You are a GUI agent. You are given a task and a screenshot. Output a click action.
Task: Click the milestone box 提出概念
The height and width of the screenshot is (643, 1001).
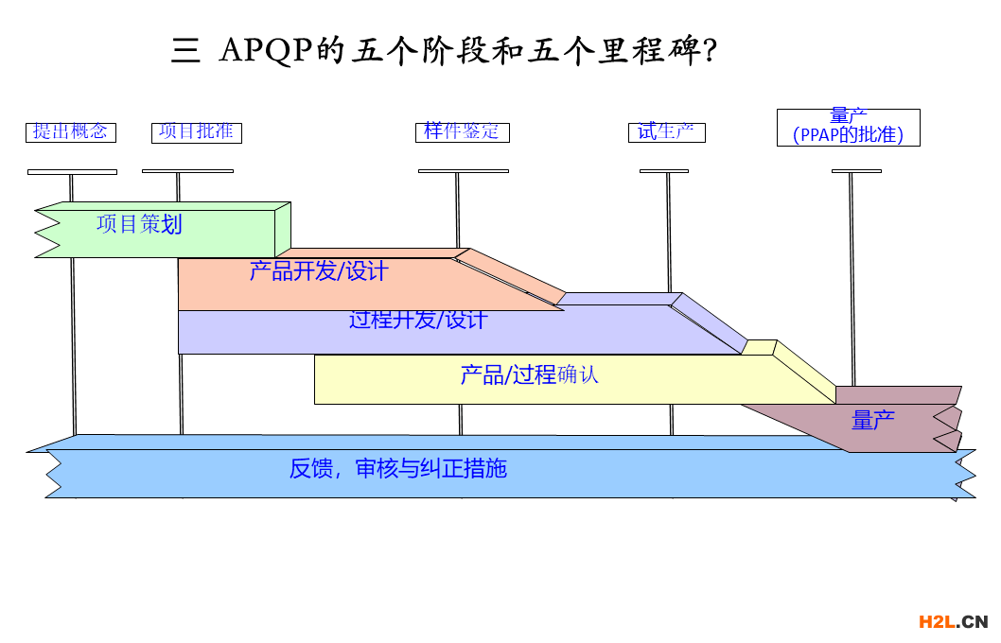click(x=71, y=132)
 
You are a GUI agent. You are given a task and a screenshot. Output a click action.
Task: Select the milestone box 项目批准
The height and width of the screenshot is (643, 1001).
click(x=197, y=132)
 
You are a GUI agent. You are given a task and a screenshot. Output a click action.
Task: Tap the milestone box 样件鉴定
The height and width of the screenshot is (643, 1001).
click(x=463, y=132)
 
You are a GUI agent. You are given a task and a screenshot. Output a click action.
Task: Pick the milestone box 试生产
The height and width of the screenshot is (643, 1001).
click(x=667, y=132)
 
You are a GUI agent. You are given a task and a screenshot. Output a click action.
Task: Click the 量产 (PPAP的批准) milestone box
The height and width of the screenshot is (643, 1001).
click(x=849, y=128)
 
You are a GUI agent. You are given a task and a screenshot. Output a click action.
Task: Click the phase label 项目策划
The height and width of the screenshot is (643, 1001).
click(x=139, y=224)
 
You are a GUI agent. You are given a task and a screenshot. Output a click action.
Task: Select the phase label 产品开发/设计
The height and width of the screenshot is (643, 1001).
click(x=319, y=271)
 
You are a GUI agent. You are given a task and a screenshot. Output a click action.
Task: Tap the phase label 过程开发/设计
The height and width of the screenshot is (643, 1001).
click(x=417, y=320)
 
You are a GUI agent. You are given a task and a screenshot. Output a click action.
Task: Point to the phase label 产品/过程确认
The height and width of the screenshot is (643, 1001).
click(x=529, y=374)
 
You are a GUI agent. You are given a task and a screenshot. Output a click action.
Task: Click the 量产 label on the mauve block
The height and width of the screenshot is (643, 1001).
click(x=873, y=420)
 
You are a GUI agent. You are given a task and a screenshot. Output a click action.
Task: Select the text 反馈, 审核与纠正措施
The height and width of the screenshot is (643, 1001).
click(x=398, y=468)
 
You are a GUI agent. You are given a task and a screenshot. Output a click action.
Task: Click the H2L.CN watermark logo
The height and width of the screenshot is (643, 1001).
click(x=953, y=621)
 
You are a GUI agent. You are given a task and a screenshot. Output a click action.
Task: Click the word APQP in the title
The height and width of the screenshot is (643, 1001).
click(x=266, y=50)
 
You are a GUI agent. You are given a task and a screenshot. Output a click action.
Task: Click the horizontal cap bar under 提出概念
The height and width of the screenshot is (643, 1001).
click(x=72, y=172)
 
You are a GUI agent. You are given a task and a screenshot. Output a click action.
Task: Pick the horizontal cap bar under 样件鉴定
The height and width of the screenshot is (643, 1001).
click(x=464, y=171)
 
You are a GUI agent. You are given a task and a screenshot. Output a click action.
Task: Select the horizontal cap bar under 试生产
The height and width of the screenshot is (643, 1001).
click(x=664, y=171)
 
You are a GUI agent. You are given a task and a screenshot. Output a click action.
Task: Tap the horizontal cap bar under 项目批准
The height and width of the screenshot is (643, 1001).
click(x=187, y=171)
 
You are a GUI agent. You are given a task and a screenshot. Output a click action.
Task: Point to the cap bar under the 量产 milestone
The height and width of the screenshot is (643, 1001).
click(x=856, y=171)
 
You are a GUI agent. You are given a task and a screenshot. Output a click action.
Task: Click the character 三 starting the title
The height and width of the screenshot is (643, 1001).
click(x=185, y=50)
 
